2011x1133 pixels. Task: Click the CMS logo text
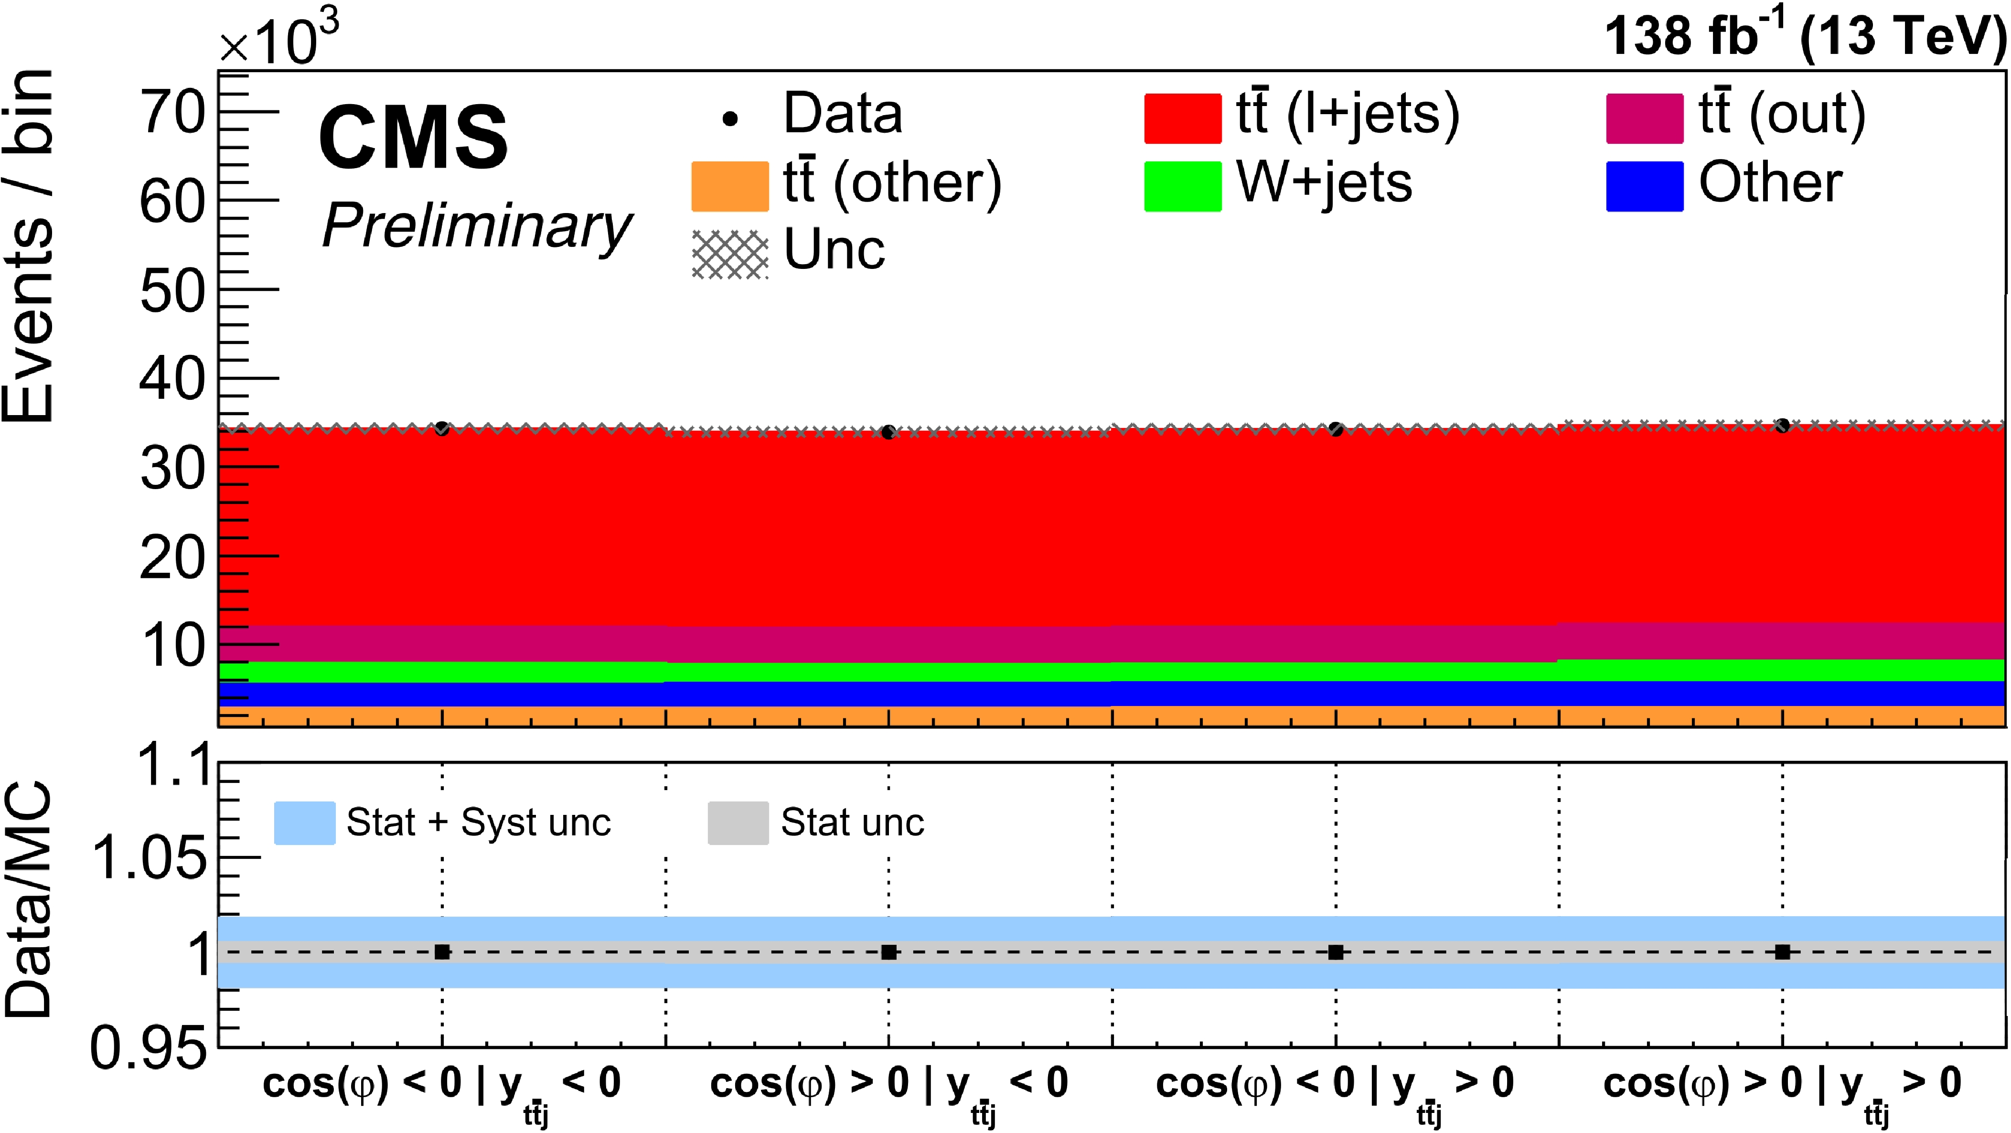click(x=413, y=138)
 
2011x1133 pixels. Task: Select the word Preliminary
click(x=476, y=225)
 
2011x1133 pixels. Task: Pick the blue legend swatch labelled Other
click(x=1644, y=186)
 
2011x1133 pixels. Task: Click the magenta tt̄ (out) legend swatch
click(x=1644, y=118)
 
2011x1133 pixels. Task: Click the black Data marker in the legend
click(x=730, y=118)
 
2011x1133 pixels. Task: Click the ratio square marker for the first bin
click(x=442, y=952)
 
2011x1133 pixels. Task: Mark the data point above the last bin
click(x=1782, y=426)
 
